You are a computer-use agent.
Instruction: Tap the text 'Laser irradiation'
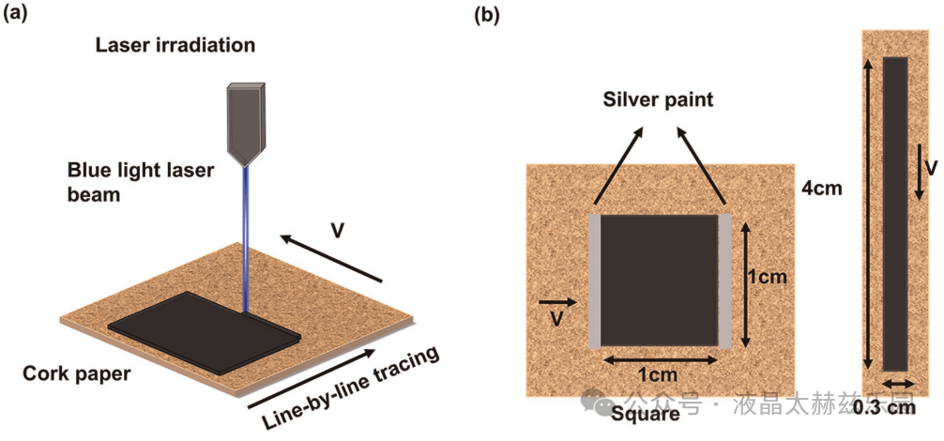pyautogui.click(x=175, y=44)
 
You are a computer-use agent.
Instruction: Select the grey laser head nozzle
pyautogui.click(x=246, y=119)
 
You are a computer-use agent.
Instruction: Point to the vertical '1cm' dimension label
pyautogui.click(x=769, y=278)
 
